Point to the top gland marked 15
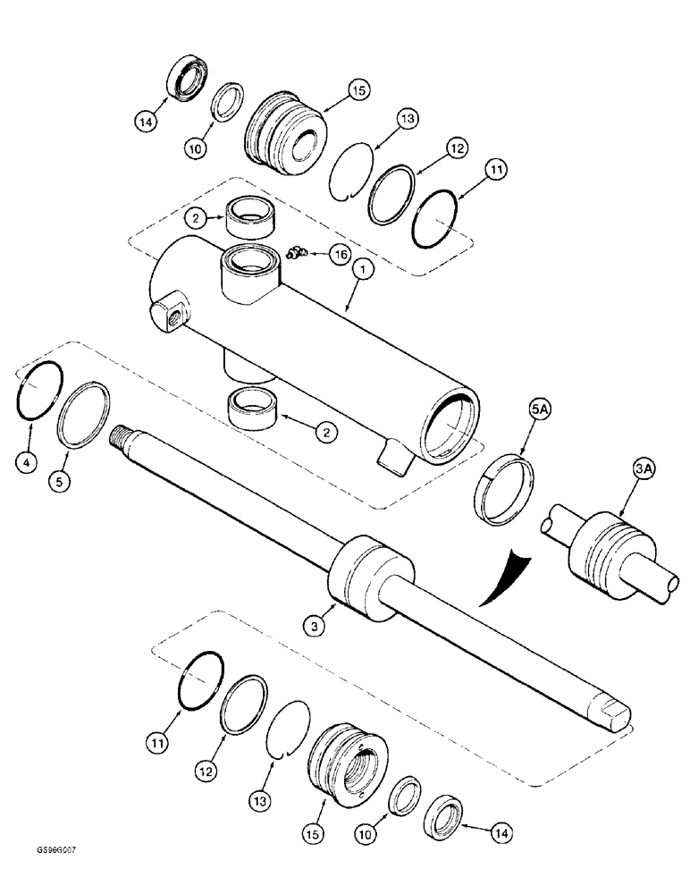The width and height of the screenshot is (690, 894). point(284,134)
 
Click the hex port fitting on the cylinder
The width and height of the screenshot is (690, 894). point(171,314)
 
